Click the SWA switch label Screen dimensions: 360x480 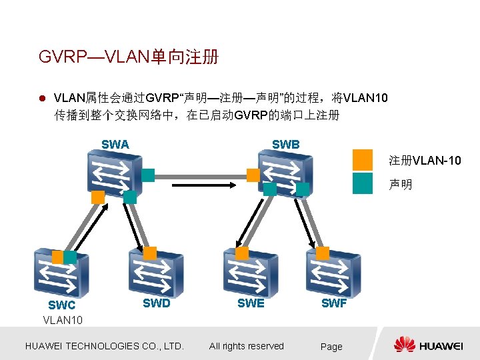point(115,144)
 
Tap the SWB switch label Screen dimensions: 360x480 point(285,144)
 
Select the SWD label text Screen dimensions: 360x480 point(157,303)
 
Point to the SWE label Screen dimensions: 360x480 point(251,303)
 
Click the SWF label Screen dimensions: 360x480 point(333,303)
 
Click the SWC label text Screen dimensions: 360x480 point(62,305)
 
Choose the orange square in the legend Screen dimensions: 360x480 point(363,160)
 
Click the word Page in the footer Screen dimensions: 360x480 point(331,347)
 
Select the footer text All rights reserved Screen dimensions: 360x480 point(247,346)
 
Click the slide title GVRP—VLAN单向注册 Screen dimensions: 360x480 point(129,57)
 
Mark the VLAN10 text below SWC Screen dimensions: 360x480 point(63,320)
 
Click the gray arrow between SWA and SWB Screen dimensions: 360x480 point(200,177)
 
